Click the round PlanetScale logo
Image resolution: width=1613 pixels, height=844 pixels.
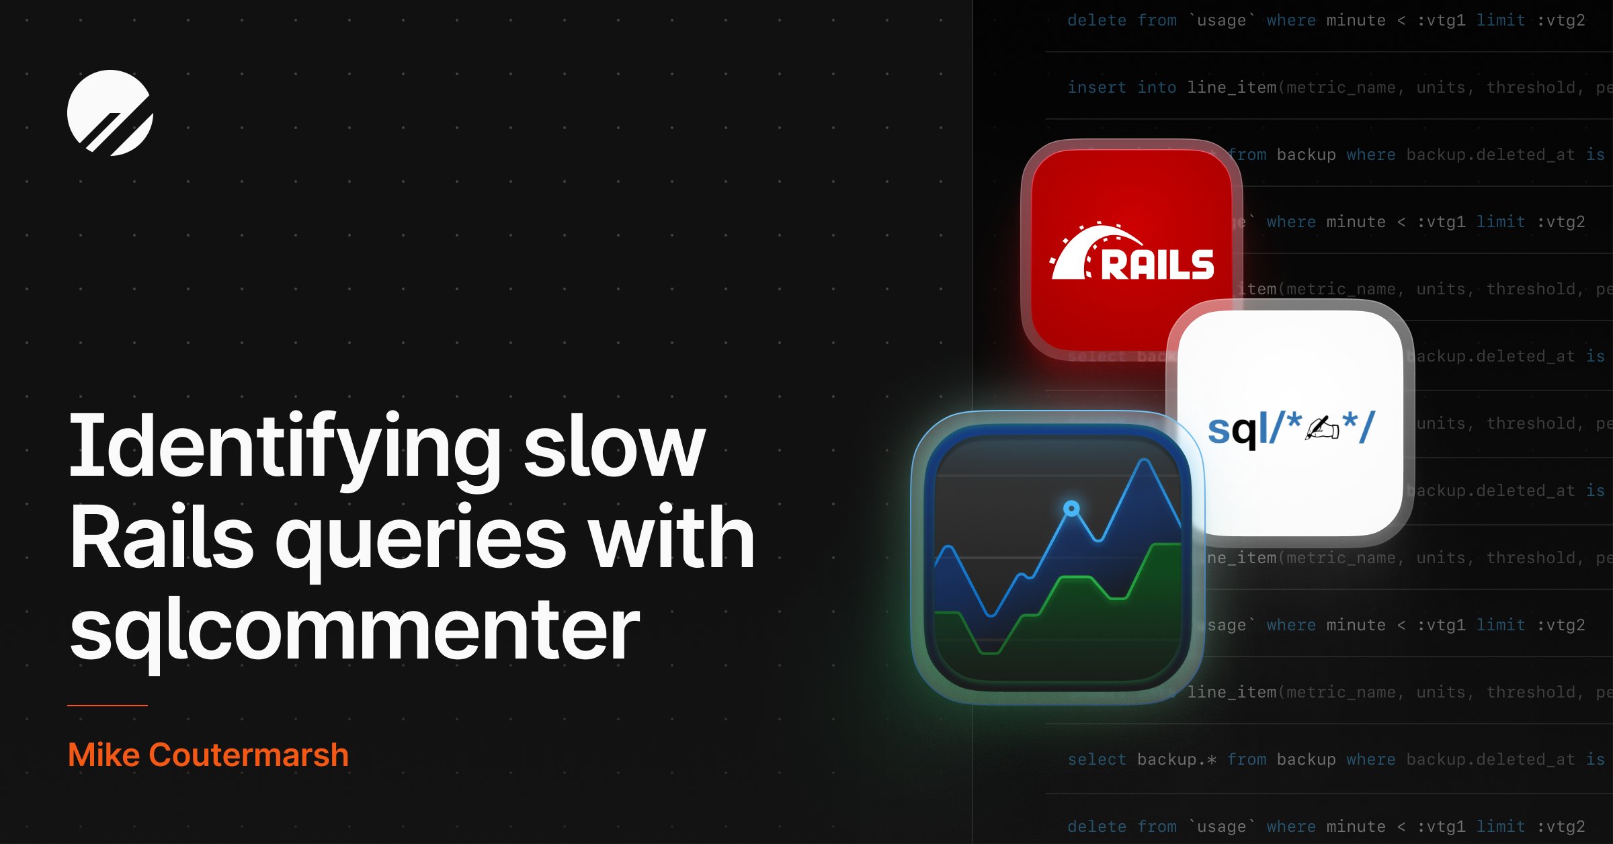[110, 113]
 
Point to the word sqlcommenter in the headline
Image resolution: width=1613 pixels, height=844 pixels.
[354, 630]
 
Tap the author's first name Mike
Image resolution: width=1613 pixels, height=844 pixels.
[104, 755]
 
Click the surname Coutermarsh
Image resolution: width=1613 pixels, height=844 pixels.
[249, 755]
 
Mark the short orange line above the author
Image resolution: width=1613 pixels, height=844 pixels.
[108, 706]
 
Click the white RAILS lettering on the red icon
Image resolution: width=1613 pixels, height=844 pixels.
[1157, 264]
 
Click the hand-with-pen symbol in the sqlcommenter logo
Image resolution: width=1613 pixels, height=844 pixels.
[1321, 428]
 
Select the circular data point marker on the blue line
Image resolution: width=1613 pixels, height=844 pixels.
[1072, 508]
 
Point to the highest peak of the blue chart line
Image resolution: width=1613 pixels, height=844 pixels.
[1145, 462]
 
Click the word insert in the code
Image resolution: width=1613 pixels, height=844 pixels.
[1097, 87]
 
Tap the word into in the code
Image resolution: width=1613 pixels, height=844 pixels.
[1157, 87]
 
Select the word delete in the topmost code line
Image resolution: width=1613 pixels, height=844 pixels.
[1097, 20]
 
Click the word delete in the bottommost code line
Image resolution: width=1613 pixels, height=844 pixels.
[1097, 827]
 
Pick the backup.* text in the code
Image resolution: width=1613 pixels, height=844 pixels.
[1176, 759]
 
